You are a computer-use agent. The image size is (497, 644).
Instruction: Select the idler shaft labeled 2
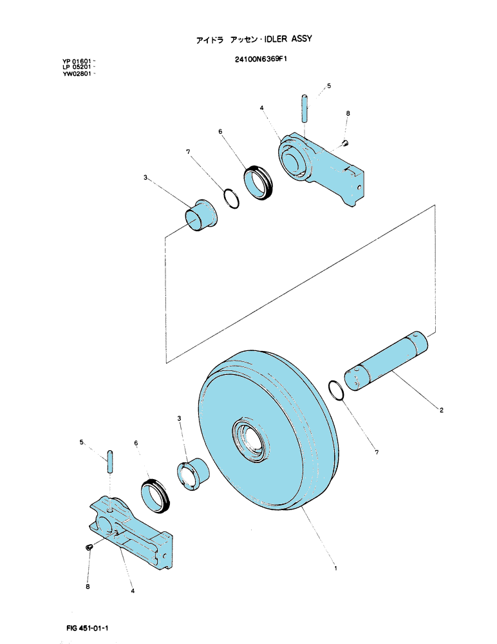pyautogui.click(x=386, y=360)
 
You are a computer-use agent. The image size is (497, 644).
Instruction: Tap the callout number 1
pyautogui.click(x=335, y=569)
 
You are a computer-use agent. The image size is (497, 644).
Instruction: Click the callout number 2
pyautogui.click(x=441, y=410)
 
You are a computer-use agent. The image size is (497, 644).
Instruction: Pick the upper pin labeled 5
pyautogui.click(x=305, y=108)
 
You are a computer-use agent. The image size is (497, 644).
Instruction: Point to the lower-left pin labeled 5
pyautogui.click(x=110, y=462)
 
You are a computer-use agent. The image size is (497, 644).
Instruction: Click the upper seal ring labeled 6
pyautogui.click(x=259, y=182)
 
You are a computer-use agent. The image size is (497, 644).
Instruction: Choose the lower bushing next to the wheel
pyautogui.click(x=192, y=473)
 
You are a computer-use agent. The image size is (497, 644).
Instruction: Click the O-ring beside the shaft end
pyautogui.click(x=337, y=390)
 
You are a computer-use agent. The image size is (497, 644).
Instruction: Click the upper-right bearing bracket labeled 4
pyautogui.click(x=321, y=168)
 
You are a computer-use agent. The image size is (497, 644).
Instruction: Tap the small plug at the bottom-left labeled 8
pyautogui.click(x=88, y=547)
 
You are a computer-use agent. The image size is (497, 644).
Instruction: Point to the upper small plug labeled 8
pyautogui.click(x=346, y=142)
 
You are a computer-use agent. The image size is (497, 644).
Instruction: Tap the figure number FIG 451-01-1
pyautogui.click(x=87, y=628)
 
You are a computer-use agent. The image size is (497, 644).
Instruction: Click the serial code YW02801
pyautogui.click(x=77, y=74)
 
